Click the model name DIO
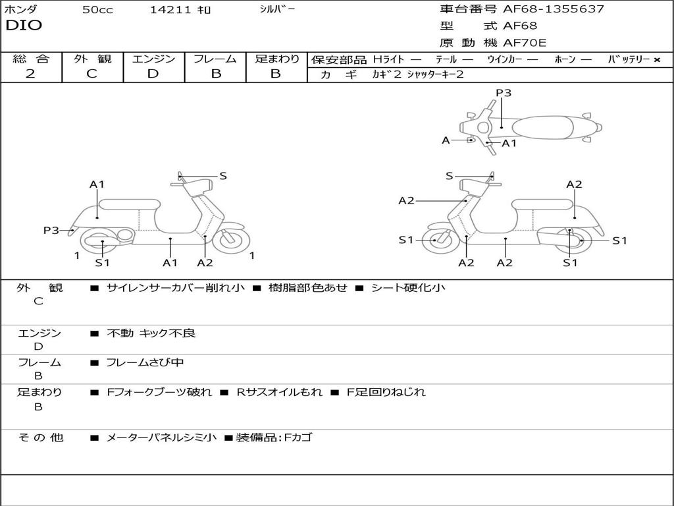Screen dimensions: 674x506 pos(24,26)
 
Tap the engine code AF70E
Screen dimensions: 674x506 pos(525,43)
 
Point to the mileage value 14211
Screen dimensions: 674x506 pos(171,10)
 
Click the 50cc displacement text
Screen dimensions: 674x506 pos(97,10)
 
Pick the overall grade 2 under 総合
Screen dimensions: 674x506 pos(30,74)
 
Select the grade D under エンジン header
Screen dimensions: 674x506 pos(153,74)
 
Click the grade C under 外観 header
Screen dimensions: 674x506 pos(91,74)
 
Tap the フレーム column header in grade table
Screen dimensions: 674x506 pos(215,59)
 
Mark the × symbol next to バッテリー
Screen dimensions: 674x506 pos(656,60)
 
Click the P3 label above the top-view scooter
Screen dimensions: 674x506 pos(503,93)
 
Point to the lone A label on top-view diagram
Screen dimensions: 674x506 pos(446,140)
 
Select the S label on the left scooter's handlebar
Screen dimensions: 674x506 pos(223,176)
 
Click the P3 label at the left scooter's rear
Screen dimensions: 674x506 pos(51,230)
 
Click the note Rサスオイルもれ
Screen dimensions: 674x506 pos(280,392)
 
